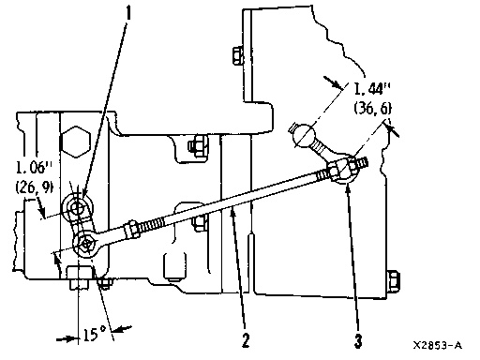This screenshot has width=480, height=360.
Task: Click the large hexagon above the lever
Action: pos(76,143)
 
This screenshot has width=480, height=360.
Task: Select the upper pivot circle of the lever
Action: pos(78,205)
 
